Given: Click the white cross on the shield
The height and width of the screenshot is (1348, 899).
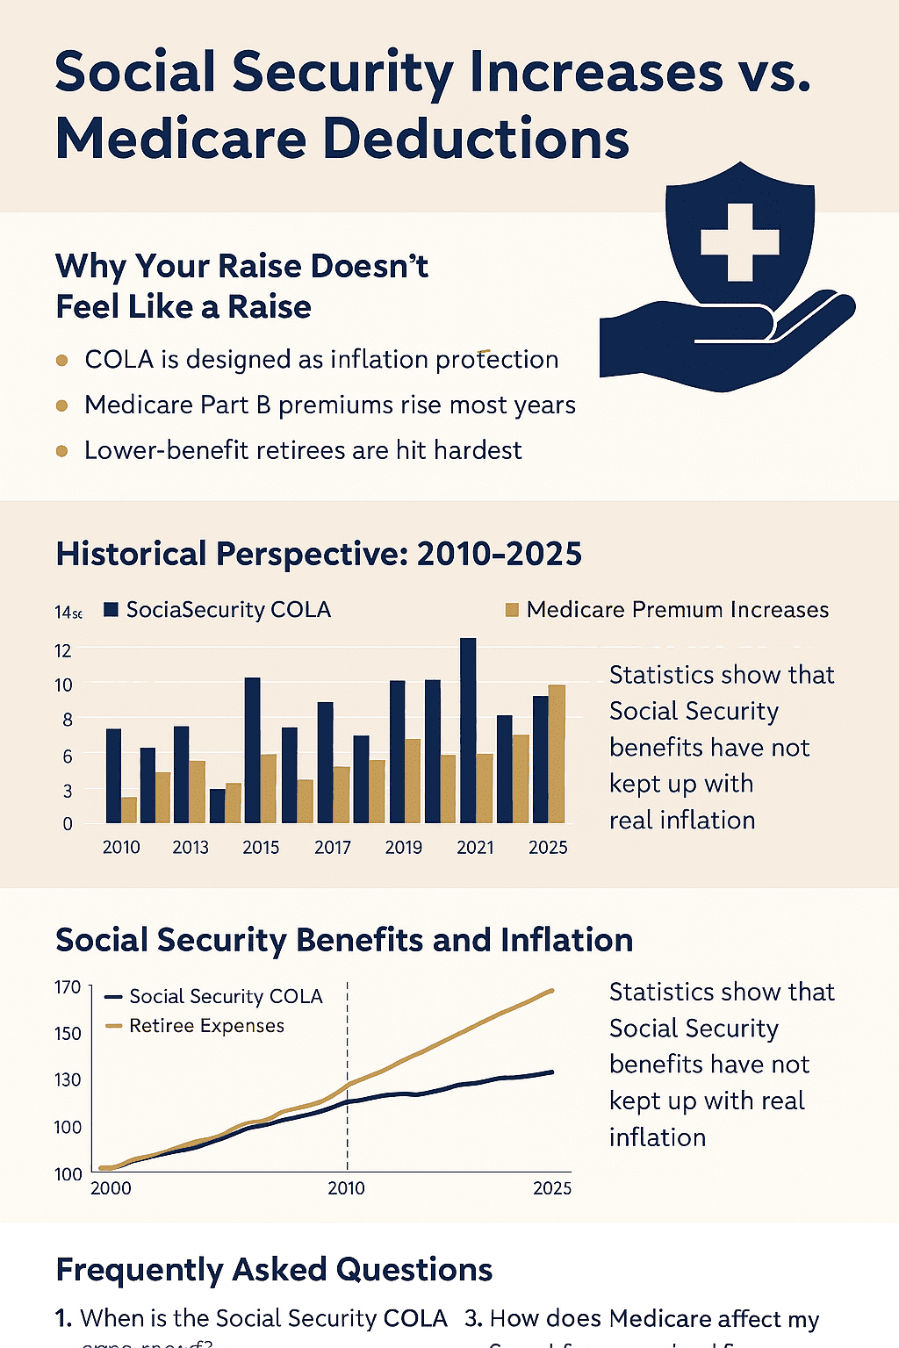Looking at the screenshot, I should click(x=739, y=242).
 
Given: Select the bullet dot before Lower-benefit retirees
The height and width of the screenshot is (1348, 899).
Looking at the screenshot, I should click(x=61, y=451).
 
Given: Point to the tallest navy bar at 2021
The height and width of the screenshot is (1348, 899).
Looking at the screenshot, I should click(x=468, y=728).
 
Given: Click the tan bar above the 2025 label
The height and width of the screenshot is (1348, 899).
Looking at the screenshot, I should click(x=557, y=753).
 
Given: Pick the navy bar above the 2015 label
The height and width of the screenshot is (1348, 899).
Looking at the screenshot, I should click(x=252, y=749).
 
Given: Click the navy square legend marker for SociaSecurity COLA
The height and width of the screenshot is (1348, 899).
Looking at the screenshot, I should click(x=111, y=610).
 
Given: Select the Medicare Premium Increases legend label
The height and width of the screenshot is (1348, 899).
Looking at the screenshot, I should click(x=677, y=610).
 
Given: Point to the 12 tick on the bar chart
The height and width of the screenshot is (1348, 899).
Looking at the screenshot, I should click(x=62, y=650).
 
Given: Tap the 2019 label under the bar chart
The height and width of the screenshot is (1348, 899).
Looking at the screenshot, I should click(x=403, y=848).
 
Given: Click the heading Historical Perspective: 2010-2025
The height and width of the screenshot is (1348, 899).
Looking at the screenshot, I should click(x=319, y=555).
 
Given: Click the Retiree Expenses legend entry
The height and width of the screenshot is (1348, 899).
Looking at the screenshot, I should click(x=206, y=1026).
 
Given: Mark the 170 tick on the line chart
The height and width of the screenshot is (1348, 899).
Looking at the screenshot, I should click(x=68, y=987).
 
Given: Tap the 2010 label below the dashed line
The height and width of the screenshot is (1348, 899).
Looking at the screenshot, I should click(x=346, y=1188).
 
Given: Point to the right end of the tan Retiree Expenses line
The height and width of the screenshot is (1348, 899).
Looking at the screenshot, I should click(x=551, y=991).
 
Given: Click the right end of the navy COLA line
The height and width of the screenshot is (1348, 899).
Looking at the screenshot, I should click(x=551, y=1072).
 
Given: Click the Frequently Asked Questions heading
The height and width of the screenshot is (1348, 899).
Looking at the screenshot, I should click(x=274, y=1270).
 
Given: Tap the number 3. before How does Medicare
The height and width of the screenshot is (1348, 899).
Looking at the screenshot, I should click(x=473, y=1319).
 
